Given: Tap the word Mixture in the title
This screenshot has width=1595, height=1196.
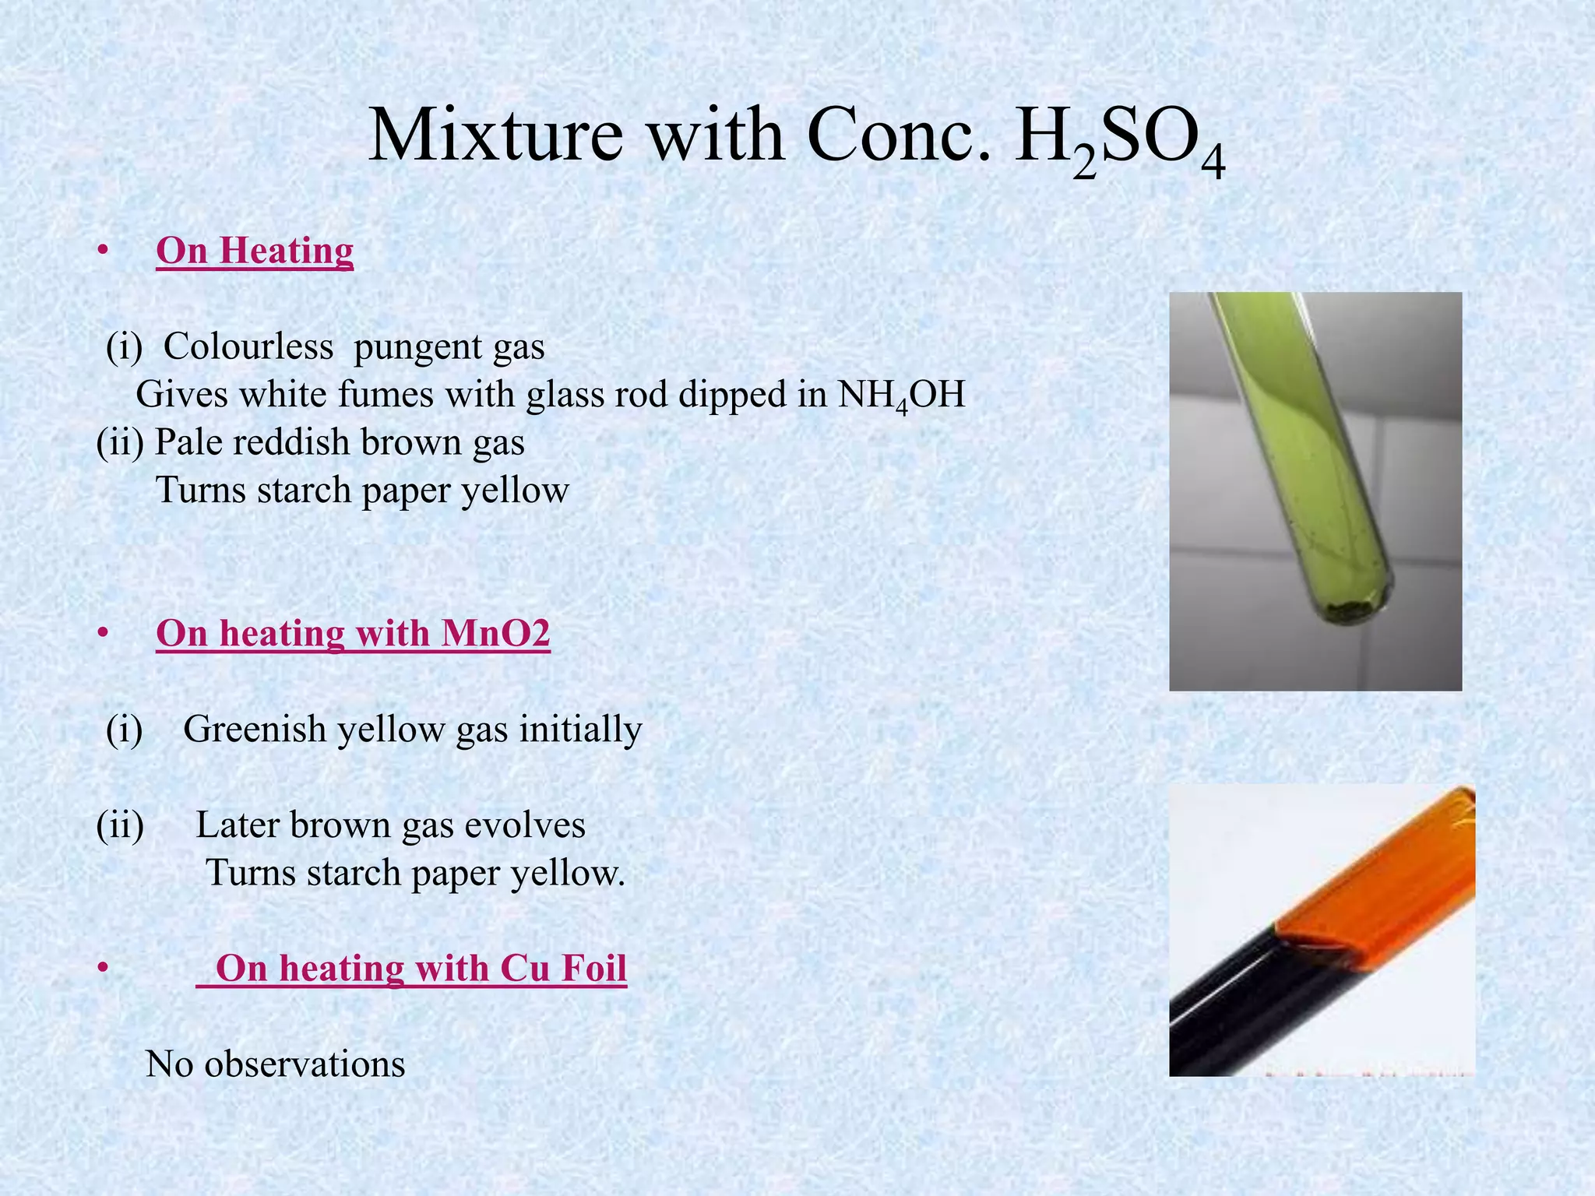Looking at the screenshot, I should (495, 135).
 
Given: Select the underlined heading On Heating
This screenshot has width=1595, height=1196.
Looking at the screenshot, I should (255, 251).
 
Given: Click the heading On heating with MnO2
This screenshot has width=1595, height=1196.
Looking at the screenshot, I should (353, 633).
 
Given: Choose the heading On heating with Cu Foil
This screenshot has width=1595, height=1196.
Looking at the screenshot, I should (421, 968).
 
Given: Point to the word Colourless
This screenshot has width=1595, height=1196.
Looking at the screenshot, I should (248, 346).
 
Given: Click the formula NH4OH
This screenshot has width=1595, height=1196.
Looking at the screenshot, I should (901, 395).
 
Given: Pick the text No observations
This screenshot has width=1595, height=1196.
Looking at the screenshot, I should (276, 1064).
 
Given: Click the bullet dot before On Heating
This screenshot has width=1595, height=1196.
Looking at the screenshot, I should (102, 252).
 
